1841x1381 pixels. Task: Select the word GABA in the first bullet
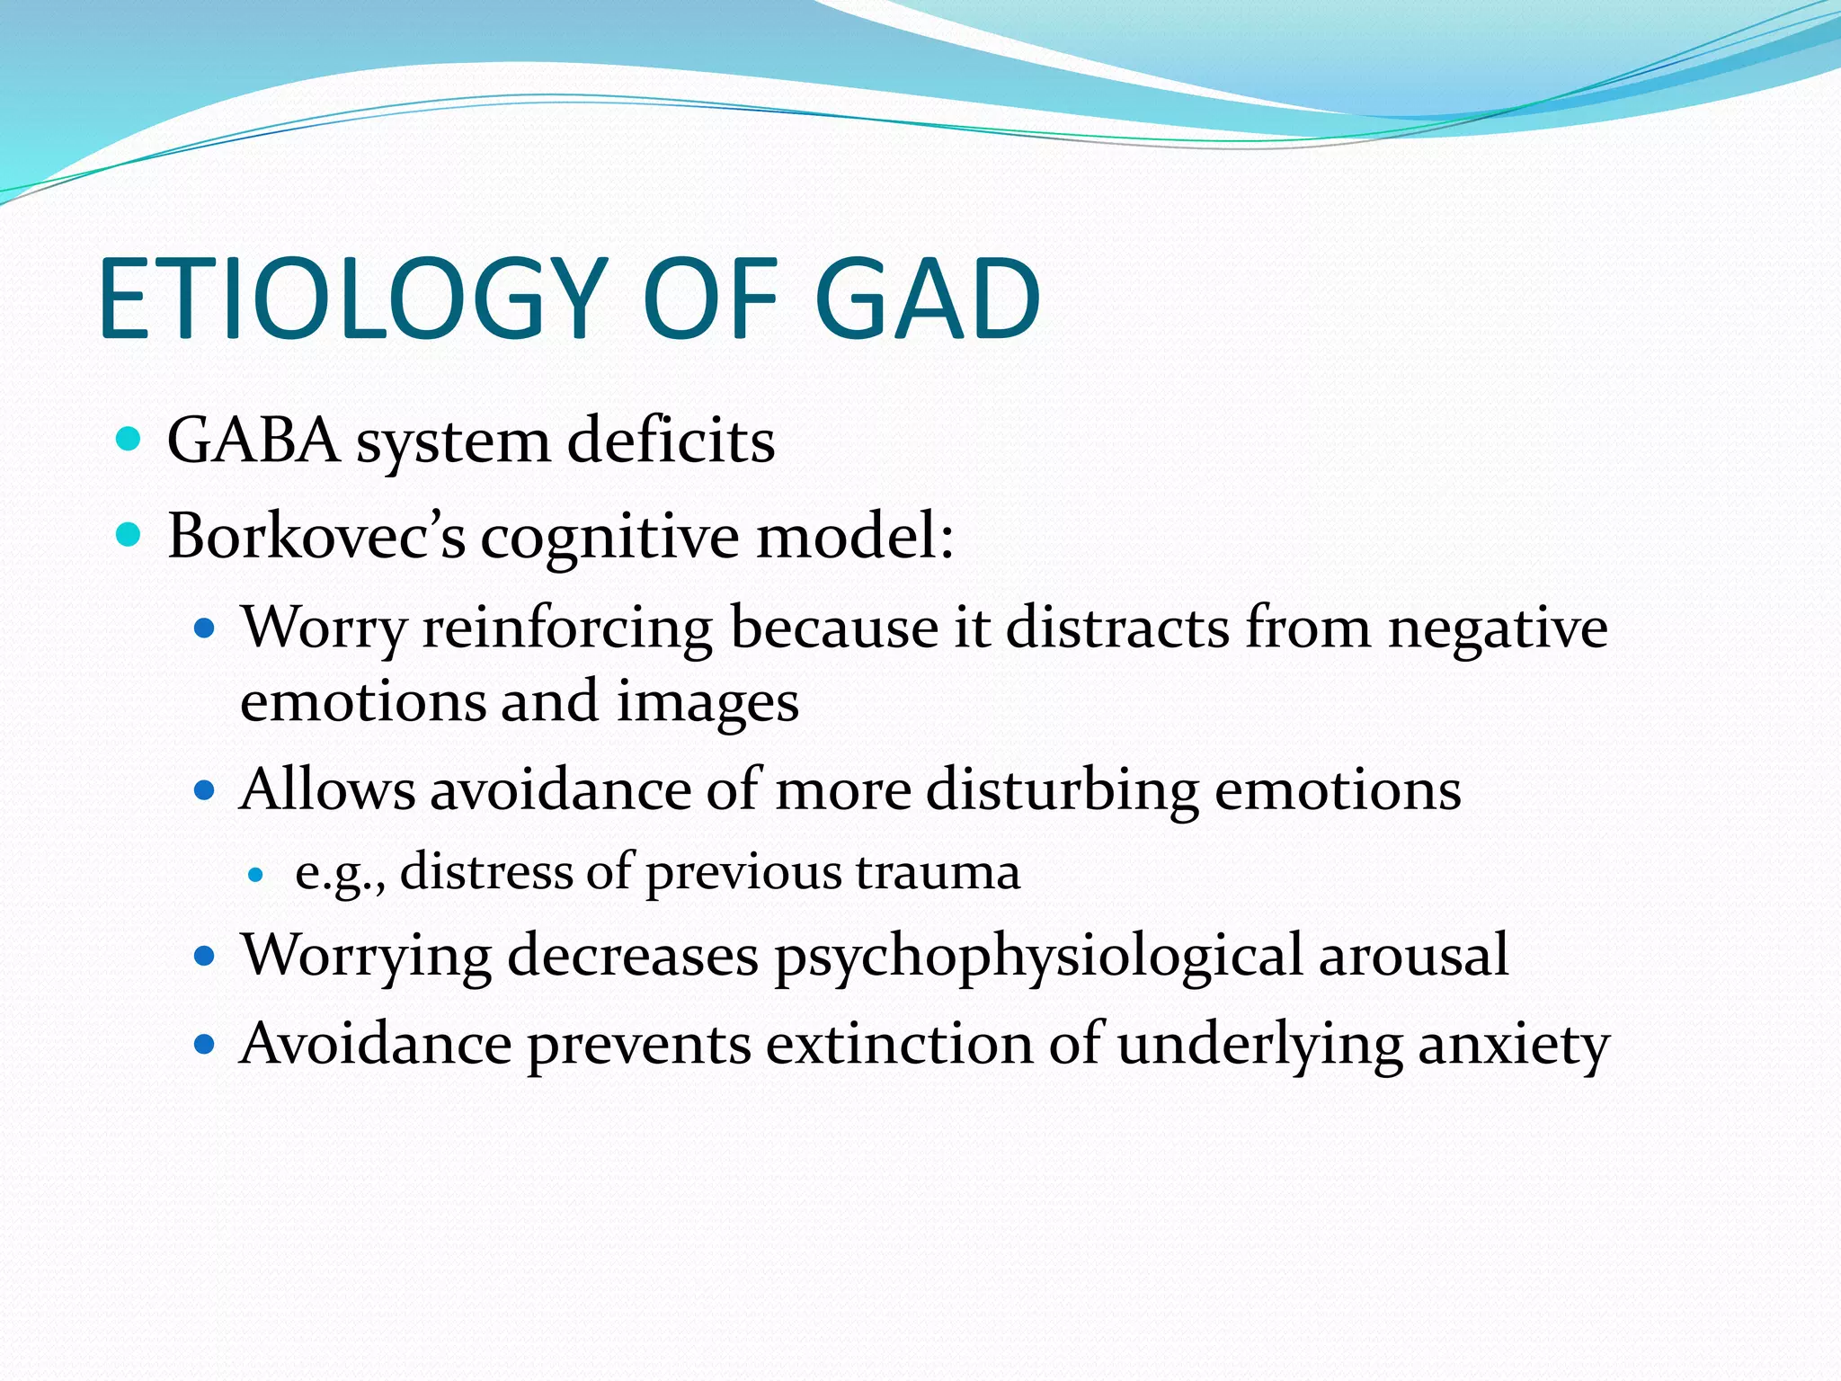(253, 441)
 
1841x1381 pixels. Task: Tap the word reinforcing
(567, 628)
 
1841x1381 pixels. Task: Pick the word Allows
(327, 789)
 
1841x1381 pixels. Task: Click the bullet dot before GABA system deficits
(129, 440)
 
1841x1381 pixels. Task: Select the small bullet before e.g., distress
(256, 874)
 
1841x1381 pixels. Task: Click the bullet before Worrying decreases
(205, 955)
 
